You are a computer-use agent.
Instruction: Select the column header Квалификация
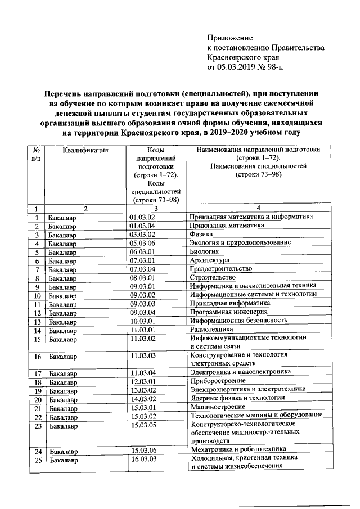pos(85,150)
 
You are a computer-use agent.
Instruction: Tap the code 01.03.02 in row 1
pos(142,217)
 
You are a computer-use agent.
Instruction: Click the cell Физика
pos(202,234)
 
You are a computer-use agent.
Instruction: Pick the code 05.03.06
pos(142,243)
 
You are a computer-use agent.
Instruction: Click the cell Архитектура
pos(210,261)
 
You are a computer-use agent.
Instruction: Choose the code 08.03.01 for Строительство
pos(142,278)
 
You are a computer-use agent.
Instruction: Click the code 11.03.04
pos(142,372)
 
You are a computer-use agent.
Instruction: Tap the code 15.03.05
pos(142,426)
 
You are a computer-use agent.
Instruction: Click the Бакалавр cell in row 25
pos(62,460)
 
